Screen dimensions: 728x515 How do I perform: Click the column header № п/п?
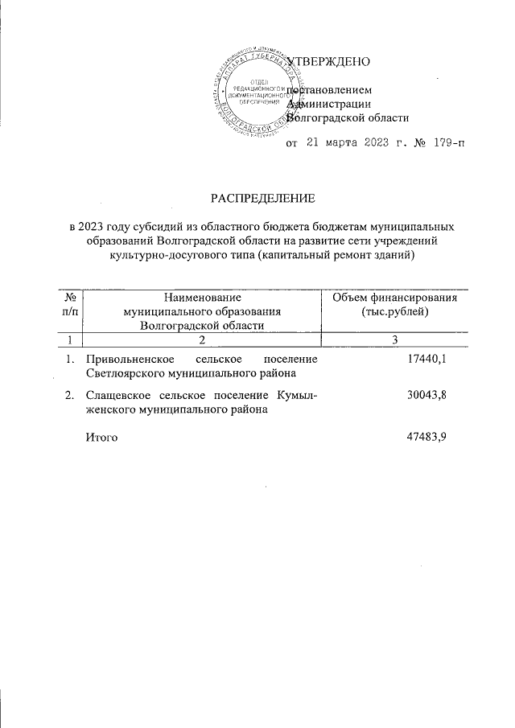pos(70,304)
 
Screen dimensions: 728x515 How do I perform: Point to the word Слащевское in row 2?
pos(120,395)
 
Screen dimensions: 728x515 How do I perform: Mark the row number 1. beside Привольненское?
pos(71,360)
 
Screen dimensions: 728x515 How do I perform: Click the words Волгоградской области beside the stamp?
pos(348,117)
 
